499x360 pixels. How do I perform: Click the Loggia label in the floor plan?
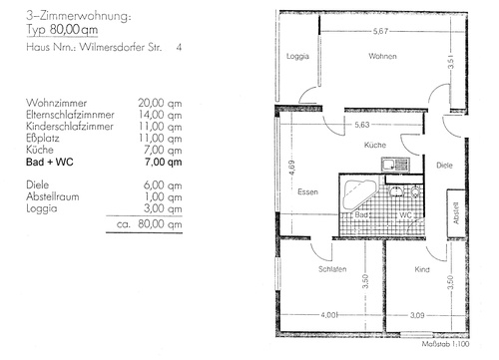click(x=297, y=57)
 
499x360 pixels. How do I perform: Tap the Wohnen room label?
click(x=382, y=56)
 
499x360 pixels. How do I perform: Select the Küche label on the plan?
click(x=375, y=145)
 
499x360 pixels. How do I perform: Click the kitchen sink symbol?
click(x=395, y=165)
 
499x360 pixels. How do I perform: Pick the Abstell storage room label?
click(x=456, y=212)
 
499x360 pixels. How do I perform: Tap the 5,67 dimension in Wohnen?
click(x=380, y=31)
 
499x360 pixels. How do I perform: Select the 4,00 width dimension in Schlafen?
click(x=329, y=315)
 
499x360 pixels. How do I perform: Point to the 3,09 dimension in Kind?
click(x=417, y=315)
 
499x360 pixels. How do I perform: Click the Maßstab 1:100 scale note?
click(x=445, y=344)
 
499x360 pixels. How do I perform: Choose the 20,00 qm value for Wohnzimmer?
click(x=160, y=103)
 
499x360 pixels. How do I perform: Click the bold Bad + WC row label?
click(x=50, y=163)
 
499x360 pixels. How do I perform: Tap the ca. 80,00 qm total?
click(x=150, y=224)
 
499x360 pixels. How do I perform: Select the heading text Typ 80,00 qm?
click(x=62, y=30)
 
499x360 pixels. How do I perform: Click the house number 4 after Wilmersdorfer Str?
click(x=179, y=47)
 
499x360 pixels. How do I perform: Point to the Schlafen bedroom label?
click(x=332, y=269)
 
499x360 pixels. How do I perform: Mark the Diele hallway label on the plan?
click(x=444, y=166)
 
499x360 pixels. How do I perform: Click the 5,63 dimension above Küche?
click(x=362, y=125)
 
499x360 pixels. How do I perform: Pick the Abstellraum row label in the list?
click(x=53, y=196)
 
